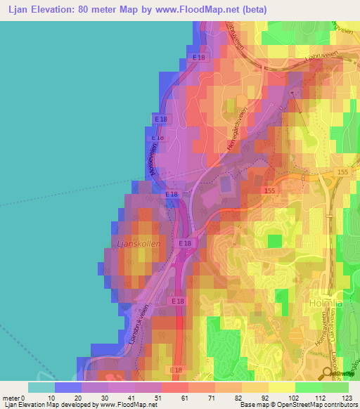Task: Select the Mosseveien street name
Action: click(150, 161)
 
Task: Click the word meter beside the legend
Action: click(12, 398)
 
